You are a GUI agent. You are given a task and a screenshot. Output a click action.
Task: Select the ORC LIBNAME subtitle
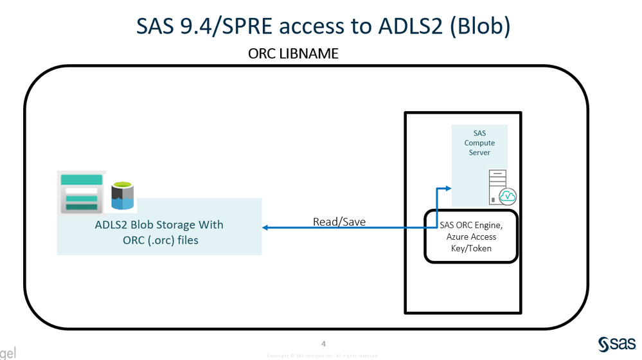pos(293,54)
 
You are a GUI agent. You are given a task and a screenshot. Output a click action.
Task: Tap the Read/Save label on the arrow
pos(339,222)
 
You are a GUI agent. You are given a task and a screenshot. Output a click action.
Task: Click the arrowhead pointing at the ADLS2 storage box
pos(266,228)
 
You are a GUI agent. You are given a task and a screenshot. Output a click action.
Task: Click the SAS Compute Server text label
pos(479,143)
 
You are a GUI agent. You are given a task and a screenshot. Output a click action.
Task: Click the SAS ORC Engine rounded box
pos(470,236)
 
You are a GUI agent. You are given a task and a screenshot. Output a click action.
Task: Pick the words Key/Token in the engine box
pos(471,248)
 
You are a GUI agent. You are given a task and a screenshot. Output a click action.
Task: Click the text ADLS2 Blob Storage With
pos(159,225)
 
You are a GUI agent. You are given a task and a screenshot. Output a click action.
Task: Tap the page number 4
pos(323,343)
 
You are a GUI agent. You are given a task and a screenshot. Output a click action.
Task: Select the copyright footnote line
pos(322,355)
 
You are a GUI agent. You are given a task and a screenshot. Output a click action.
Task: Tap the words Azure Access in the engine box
pos(471,237)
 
